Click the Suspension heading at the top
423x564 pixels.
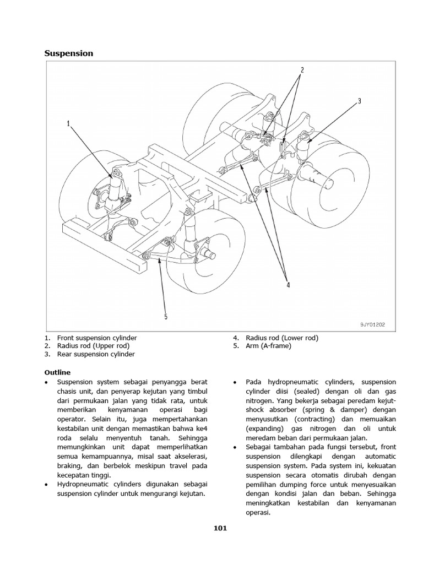[68, 53]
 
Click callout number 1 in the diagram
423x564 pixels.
[69, 124]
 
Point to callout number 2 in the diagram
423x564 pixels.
[302, 70]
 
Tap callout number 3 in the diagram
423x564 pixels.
[359, 101]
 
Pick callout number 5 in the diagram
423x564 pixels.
[165, 316]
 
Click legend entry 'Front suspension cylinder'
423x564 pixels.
[96, 337]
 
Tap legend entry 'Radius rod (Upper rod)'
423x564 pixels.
[94, 345]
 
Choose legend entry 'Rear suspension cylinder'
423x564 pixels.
[96, 354]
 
